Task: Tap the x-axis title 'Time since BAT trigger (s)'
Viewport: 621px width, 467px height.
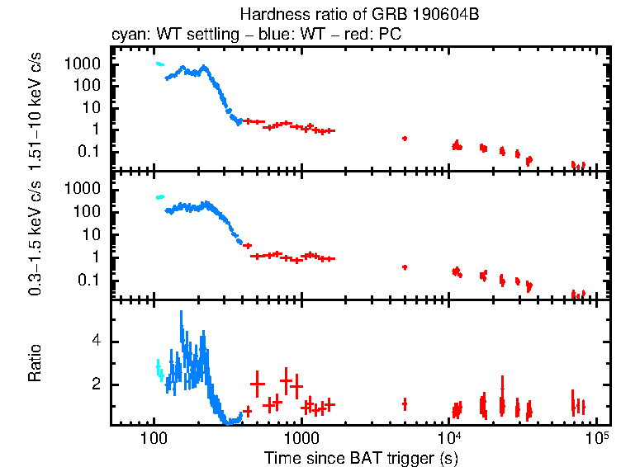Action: click(x=361, y=456)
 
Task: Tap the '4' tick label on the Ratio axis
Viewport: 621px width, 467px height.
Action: click(x=97, y=341)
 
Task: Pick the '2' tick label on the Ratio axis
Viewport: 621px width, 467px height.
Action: click(x=97, y=384)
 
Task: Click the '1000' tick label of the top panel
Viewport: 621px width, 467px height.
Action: click(x=86, y=64)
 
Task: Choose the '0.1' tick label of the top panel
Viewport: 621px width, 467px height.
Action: click(x=91, y=151)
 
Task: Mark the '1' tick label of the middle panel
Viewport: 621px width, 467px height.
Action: click(x=97, y=257)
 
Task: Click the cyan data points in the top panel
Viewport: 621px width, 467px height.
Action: click(x=160, y=64)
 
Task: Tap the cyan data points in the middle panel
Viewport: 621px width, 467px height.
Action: click(x=160, y=197)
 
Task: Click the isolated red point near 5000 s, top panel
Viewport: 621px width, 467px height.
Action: click(x=405, y=139)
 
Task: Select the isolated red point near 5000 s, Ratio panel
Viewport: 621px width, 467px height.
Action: click(x=405, y=403)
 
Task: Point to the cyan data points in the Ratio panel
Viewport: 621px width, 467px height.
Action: click(x=159, y=369)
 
